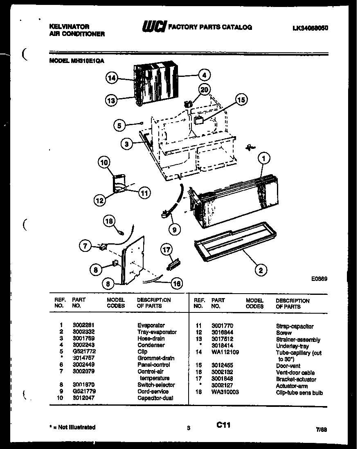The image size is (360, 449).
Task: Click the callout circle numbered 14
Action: click(x=112, y=78)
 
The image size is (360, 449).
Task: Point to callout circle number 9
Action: click(x=174, y=230)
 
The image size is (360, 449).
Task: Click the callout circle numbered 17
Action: click(x=166, y=250)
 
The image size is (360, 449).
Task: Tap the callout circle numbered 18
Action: click(x=108, y=221)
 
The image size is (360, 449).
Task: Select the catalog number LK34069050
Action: click(x=310, y=28)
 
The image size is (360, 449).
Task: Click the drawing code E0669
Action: click(x=319, y=279)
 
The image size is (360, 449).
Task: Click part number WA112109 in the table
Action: click(x=225, y=352)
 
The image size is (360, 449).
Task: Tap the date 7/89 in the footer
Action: click(x=322, y=430)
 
